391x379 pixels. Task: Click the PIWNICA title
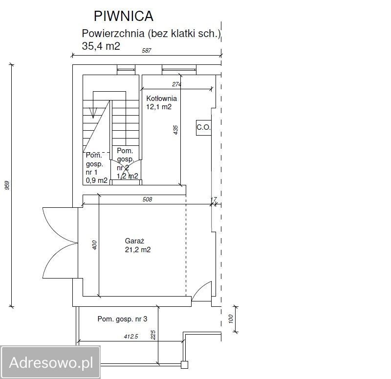pos(124,16)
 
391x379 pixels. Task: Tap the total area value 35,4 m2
pos(101,46)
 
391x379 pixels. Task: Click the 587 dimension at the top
pos(146,51)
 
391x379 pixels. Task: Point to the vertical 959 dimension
pos(7,185)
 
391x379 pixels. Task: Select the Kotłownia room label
pos(162,99)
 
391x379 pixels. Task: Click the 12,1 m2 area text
pos(159,107)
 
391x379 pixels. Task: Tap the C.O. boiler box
pos(204,128)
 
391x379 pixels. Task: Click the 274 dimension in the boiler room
pos(176,84)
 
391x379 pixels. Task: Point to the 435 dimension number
pos(175,130)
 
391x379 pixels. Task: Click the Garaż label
pos(135,241)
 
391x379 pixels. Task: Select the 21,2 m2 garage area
pos(138,250)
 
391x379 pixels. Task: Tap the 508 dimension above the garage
pos(147,199)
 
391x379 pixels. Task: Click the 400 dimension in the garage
pos(94,245)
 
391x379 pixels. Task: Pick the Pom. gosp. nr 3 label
pos(123,319)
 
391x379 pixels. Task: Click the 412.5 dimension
pos(131,337)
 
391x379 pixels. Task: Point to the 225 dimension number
pos(153,335)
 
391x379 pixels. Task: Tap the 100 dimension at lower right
pos(230,319)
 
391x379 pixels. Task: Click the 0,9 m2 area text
pos(97,180)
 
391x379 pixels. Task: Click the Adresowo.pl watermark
pos(51,362)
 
